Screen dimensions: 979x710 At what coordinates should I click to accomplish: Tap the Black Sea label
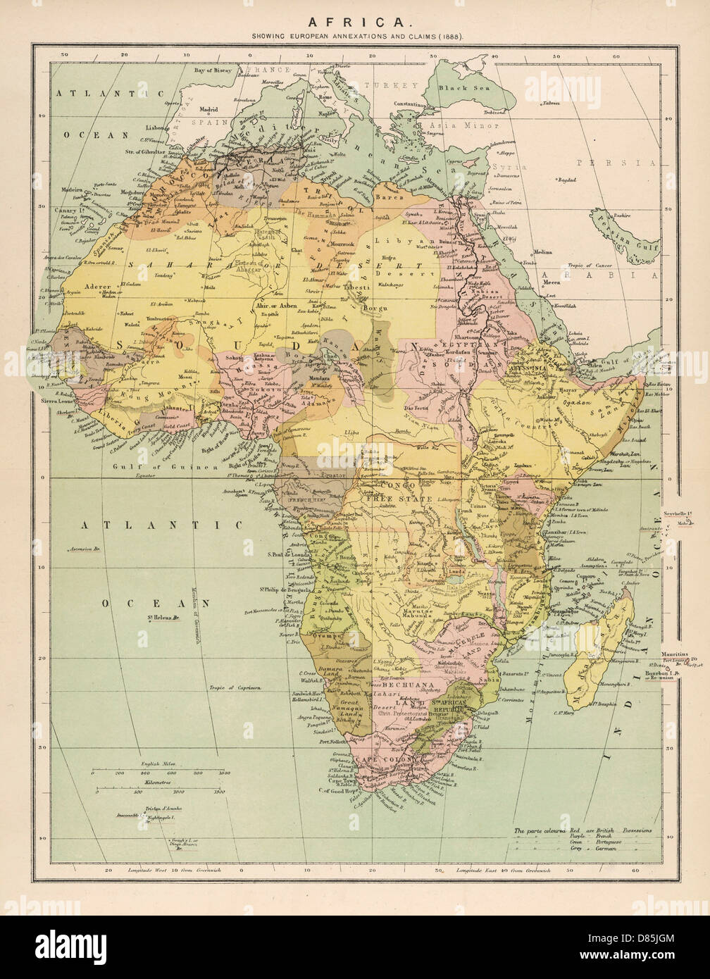coord(459,88)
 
